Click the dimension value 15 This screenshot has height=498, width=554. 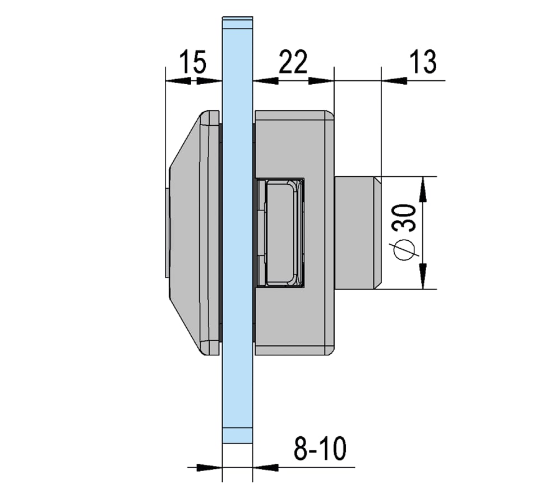[x=193, y=62]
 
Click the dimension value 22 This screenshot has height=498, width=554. [x=293, y=62]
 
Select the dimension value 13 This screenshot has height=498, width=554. [x=423, y=62]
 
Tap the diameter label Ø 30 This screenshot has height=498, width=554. [x=404, y=232]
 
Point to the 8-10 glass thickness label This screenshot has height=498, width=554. [x=320, y=449]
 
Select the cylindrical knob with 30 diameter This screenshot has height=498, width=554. [x=358, y=232]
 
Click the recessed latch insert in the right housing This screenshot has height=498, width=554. [x=280, y=232]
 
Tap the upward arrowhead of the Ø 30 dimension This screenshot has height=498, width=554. [x=424, y=190]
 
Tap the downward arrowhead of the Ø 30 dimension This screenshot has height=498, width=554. [x=424, y=276]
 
